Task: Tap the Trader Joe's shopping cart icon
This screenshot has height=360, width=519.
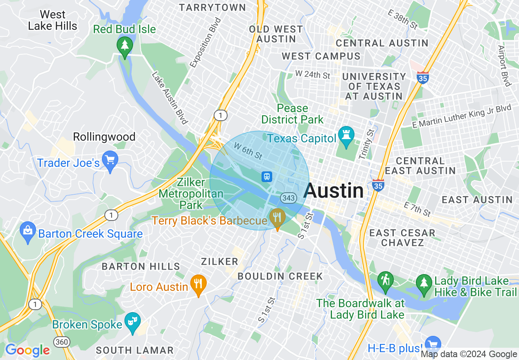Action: (110, 160)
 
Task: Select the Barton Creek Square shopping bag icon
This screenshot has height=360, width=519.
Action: (27, 232)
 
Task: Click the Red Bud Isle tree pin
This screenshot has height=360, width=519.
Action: (125, 45)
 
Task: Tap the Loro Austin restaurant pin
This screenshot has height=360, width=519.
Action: (199, 284)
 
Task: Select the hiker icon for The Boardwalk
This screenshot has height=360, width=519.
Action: (385, 281)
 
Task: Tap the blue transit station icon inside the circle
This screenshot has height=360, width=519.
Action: (267, 177)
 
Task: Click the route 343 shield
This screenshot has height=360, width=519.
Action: (288, 198)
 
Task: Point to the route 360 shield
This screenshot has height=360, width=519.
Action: (61, 342)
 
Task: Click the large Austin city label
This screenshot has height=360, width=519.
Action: (334, 191)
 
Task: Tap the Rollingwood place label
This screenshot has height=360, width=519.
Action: (104, 137)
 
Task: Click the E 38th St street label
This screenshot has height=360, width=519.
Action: (402, 19)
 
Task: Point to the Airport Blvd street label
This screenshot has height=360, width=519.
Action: (505, 65)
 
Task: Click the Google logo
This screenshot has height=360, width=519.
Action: (27, 350)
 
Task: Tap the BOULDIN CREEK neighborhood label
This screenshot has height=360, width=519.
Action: (280, 276)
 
